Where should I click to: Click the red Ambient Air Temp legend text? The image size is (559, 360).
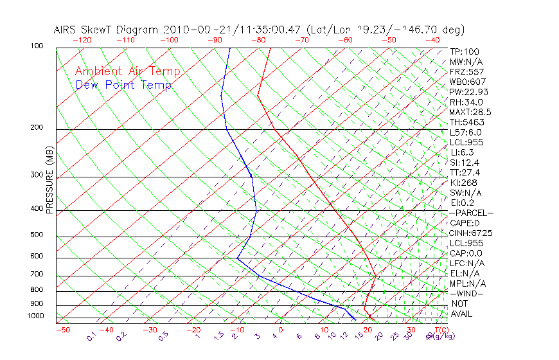127,71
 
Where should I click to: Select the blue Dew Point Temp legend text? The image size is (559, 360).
123,85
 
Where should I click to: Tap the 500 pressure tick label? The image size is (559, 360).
37,235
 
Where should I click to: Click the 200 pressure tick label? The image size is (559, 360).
37,128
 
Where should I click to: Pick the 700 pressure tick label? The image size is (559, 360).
37,274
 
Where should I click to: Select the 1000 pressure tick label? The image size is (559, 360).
35,316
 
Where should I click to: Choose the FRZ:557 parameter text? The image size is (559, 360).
466,71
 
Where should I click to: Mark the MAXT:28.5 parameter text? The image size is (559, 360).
468,112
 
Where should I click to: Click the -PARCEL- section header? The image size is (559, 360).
471,213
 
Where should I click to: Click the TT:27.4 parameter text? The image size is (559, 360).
465,172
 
